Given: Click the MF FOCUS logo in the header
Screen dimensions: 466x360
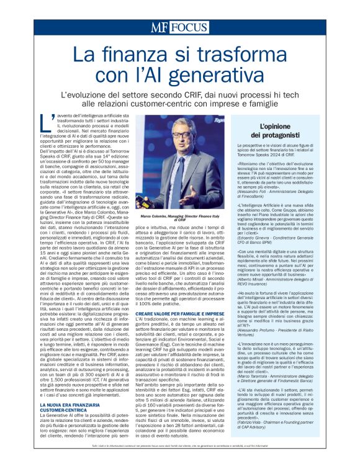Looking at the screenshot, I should pyautogui.click(x=179, y=27).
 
